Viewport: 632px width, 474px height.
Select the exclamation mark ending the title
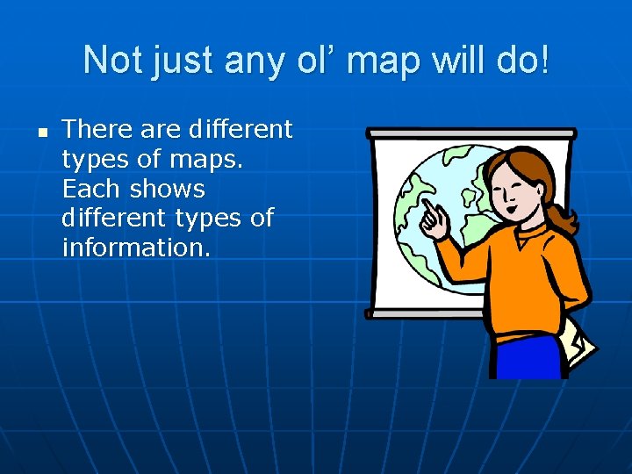tap(547, 61)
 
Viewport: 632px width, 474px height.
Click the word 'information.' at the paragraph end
tap(136, 248)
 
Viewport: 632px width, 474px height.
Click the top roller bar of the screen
tap(470, 133)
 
